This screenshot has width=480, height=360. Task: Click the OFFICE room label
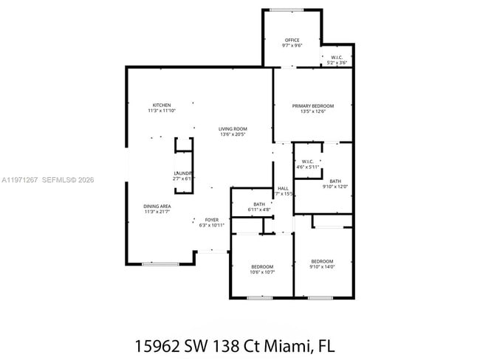coord(292,40)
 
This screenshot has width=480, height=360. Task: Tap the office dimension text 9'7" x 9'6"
coord(292,46)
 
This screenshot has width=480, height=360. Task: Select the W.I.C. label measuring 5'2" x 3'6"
coord(336,58)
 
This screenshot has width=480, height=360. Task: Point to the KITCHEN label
coord(162,105)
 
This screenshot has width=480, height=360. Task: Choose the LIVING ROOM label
coord(233,128)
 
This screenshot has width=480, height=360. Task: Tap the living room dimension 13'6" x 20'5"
coord(233,134)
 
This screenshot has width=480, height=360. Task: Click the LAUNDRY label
coord(183,173)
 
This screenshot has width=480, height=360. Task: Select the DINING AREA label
coord(157,206)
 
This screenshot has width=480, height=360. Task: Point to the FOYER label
coord(212,219)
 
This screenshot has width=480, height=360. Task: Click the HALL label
coord(283,188)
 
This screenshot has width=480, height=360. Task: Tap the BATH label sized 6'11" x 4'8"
coord(259,204)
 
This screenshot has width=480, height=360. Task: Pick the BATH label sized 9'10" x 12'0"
coord(335,181)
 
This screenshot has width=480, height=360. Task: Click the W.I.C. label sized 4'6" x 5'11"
coord(308,162)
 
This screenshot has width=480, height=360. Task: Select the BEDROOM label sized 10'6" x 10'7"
coord(262,266)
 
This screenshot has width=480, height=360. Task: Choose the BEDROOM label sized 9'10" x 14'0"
coord(322,261)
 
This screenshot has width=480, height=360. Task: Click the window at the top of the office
coord(286,10)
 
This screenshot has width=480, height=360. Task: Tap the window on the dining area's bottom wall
coord(160,263)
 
